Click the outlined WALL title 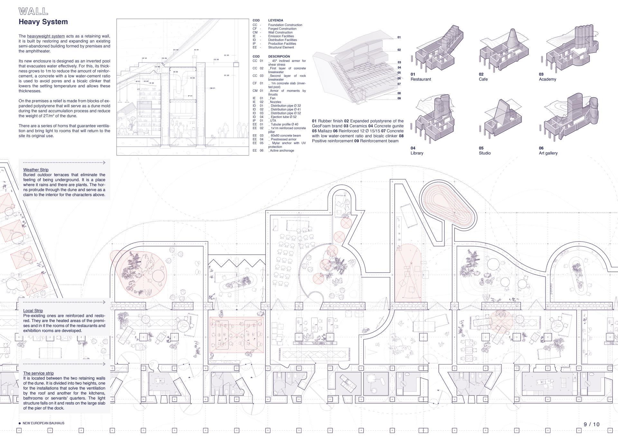click(33, 12)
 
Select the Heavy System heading click(43, 22)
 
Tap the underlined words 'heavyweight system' click(46, 36)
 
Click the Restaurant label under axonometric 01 click(421, 79)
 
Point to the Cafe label click(483, 79)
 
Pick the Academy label click(548, 79)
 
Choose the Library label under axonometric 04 click(417, 153)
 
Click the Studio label click(484, 153)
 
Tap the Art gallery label click(548, 153)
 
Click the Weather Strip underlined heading click(36, 170)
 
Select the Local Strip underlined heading click(33, 311)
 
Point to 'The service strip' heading click(38, 373)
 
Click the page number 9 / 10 click(592, 424)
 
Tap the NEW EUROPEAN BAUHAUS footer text click(43, 423)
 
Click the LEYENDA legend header click(276, 20)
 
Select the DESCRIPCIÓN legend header click(279, 56)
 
